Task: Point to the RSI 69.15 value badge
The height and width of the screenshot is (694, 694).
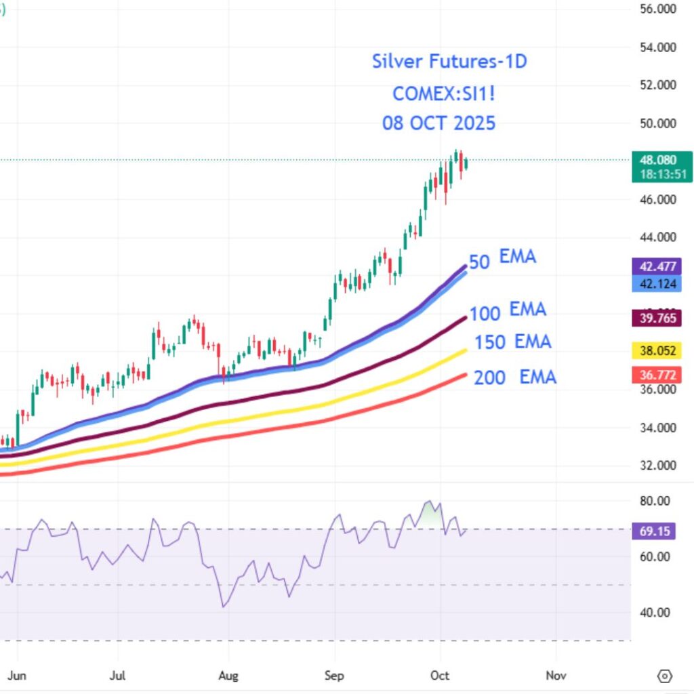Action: tap(655, 531)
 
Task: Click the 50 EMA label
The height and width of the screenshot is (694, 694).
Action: tap(502, 259)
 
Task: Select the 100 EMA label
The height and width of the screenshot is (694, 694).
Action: tap(508, 312)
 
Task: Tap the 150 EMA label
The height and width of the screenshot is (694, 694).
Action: tap(512, 342)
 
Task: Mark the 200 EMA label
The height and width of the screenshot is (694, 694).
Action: tap(515, 377)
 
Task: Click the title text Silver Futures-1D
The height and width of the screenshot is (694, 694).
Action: tap(449, 62)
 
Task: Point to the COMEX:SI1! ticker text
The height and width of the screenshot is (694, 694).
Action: tap(444, 93)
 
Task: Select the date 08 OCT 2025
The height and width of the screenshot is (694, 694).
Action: tap(438, 123)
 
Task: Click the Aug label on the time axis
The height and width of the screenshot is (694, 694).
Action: tap(228, 676)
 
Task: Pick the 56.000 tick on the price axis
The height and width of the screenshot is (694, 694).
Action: tap(658, 9)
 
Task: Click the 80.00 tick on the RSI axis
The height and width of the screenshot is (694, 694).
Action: tap(655, 501)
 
